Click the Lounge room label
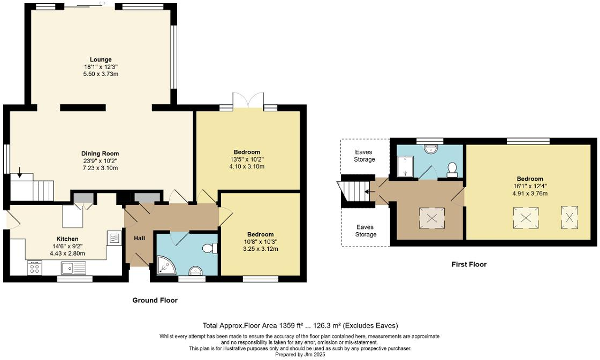coord(101,59)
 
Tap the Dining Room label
coord(101,154)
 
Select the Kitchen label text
coord(67,239)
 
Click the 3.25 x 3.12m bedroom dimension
coord(261,249)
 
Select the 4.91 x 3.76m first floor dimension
coord(529,194)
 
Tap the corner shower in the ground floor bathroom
coord(163,265)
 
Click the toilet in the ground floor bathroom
coord(210,248)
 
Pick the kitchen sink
coord(69,267)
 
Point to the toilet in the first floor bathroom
coord(452,169)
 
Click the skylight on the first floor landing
coord(431,217)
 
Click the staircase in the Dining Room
coord(32,189)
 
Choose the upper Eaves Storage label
coord(364,156)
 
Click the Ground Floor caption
coord(155,301)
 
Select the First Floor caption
coord(468,264)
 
